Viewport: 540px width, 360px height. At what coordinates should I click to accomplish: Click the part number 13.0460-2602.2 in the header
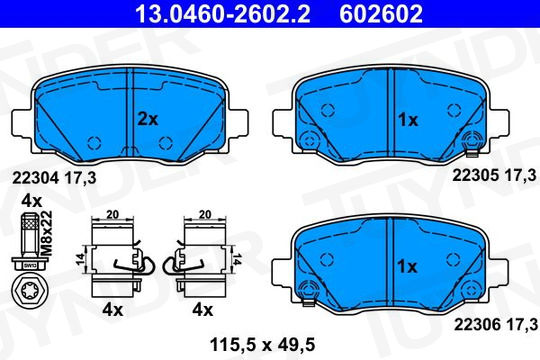coord(223,14)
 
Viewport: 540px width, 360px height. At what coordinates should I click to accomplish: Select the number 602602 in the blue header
coord(381,14)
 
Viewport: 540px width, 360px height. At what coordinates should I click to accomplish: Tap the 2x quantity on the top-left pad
coord(148,119)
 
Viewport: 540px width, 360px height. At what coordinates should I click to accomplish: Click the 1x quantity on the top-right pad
coord(408,120)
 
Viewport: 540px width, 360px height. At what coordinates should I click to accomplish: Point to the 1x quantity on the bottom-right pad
coord(407,266)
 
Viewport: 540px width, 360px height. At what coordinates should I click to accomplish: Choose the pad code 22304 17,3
coord(54,178)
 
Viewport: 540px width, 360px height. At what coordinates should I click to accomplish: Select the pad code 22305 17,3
coord(495,175)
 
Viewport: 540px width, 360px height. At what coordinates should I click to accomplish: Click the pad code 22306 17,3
coord(496,324)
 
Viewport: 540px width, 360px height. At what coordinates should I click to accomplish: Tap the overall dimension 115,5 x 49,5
coord(262,344)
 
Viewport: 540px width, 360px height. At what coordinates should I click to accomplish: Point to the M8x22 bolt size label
coord(47,233)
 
